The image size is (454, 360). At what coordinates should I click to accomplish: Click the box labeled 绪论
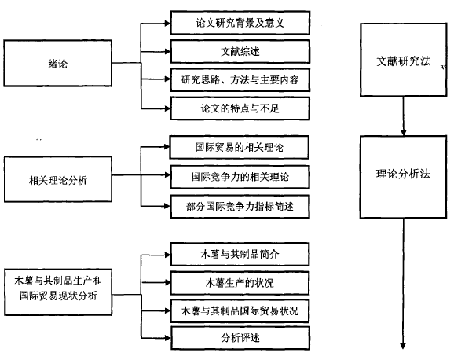57,63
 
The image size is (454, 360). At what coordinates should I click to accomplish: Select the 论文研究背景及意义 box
240,23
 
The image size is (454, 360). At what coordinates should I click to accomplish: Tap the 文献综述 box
240,52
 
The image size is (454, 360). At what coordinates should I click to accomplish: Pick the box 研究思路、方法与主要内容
240,80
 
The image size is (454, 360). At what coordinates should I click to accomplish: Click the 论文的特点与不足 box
240,108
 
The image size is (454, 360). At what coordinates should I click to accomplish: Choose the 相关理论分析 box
58,179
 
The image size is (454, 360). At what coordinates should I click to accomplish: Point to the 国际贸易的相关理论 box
239,147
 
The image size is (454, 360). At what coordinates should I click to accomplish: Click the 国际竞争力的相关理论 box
240,177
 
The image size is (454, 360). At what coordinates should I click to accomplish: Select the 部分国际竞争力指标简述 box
240,207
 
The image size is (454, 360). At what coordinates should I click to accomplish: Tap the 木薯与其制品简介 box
240,254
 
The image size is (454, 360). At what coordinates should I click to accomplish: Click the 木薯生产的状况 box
240,283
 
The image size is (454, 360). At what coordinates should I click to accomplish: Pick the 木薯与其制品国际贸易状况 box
240,311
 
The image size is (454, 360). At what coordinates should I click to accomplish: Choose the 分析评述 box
240,338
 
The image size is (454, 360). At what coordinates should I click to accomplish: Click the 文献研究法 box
403,60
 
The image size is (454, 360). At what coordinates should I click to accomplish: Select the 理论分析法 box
403,177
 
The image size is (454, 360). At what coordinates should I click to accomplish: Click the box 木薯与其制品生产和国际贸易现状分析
58,292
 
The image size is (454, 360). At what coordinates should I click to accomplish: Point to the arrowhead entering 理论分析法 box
403,133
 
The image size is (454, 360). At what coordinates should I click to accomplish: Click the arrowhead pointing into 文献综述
167,52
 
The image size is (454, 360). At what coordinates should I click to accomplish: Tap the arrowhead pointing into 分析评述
168,338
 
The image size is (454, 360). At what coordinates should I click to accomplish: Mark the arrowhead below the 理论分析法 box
403,346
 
